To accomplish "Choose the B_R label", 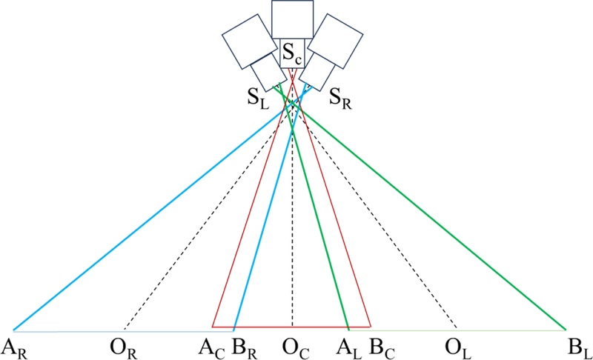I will tap(243, 346).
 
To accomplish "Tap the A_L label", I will tap(347, 346).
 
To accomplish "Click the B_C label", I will tap(379, 346).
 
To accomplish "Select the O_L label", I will tap(456, 346).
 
